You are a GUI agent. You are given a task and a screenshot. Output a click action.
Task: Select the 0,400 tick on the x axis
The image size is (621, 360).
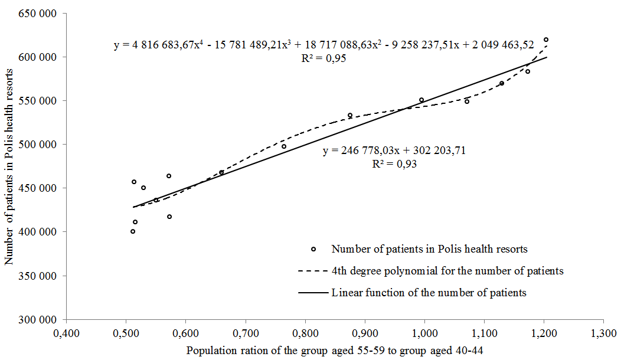pos(66,333)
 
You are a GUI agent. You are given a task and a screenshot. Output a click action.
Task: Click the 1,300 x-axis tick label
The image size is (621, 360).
pos(603,333)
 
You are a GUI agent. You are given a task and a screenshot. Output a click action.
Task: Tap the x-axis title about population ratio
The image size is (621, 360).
pos(335,350)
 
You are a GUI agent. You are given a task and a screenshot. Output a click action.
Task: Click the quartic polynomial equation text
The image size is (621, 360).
pos(324,45)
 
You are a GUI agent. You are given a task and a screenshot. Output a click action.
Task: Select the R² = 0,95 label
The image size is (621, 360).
pos(323,58)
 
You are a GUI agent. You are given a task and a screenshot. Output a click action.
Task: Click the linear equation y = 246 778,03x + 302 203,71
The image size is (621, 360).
pos(394,150)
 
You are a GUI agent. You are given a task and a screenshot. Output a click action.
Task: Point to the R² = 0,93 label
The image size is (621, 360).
pos(394,164)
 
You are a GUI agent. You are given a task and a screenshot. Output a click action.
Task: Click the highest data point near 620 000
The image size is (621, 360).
pos(546,40)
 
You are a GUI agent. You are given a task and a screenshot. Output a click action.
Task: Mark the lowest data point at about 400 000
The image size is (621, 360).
pos(133,231)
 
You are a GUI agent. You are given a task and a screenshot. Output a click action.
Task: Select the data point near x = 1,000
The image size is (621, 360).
pos(421,100)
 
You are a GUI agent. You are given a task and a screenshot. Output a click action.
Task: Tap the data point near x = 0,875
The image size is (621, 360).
pos(350,116)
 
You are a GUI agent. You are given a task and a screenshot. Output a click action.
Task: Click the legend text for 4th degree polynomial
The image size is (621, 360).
pos(447,271)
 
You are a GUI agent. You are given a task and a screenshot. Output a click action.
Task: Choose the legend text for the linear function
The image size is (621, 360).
pos(429,292)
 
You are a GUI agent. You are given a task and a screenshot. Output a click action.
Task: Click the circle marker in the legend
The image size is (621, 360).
pos(313,249)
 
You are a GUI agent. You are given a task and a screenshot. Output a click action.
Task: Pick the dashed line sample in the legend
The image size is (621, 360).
pos(313,271)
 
